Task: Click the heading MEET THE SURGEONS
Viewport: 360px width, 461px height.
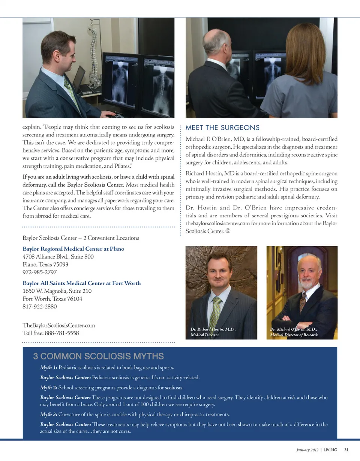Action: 222,128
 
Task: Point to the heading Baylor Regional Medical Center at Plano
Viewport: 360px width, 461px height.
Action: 73,249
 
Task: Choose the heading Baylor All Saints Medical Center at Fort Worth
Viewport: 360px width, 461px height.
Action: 81,283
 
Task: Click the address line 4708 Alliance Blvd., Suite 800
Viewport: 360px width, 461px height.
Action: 58,257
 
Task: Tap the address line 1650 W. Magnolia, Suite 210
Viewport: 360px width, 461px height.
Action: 57,291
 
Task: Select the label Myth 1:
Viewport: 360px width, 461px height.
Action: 48,366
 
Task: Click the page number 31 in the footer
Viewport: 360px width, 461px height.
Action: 346,449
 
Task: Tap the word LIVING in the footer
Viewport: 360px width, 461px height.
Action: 330,449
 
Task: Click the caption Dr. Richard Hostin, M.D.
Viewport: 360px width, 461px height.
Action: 213,329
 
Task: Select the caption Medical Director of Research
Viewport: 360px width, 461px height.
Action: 294,334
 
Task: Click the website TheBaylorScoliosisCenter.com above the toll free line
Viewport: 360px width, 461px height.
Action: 58,325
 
